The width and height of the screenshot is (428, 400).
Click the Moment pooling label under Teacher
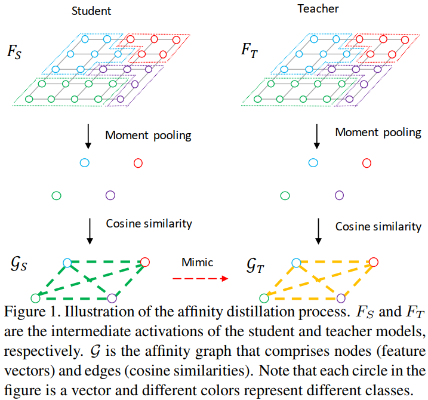click(x=378, y=133)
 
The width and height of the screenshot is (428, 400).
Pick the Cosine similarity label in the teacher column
click(x=378, y=226)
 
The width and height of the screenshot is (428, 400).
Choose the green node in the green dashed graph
click(x=35, y=297)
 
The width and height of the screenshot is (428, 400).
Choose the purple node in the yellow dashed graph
click(x=341, y=297)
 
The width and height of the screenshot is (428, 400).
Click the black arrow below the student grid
click(x=89, y=137)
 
